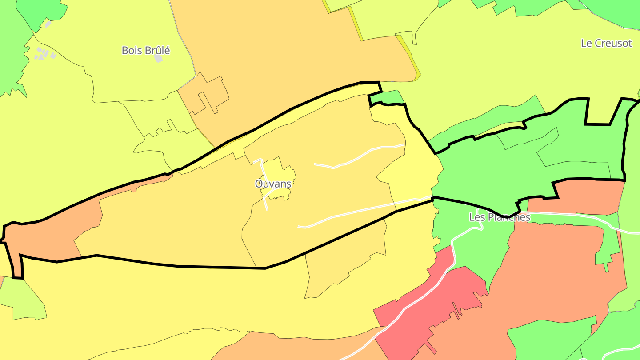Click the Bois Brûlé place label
coord(146,50)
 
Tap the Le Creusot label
coord(606,43)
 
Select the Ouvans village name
coord(273,184)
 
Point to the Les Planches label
coord(500,217)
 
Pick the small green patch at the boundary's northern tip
coord(385,97)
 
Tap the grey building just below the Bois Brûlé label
coord(158,59)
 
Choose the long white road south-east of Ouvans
coord(356,211)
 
